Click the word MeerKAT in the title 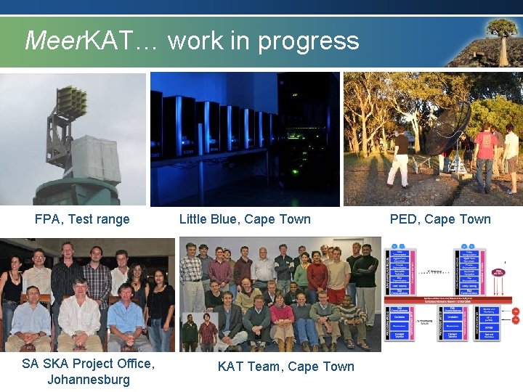[x=78, y=41]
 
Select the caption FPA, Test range [x=82, y=219]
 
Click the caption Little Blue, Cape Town [x=245, y=219]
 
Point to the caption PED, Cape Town [x=440, y=219]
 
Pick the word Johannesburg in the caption [x=89, y=380]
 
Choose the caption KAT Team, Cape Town [x=286, y=367]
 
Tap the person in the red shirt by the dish [x=485, y=149]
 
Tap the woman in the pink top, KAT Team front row [x=282, y=319]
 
